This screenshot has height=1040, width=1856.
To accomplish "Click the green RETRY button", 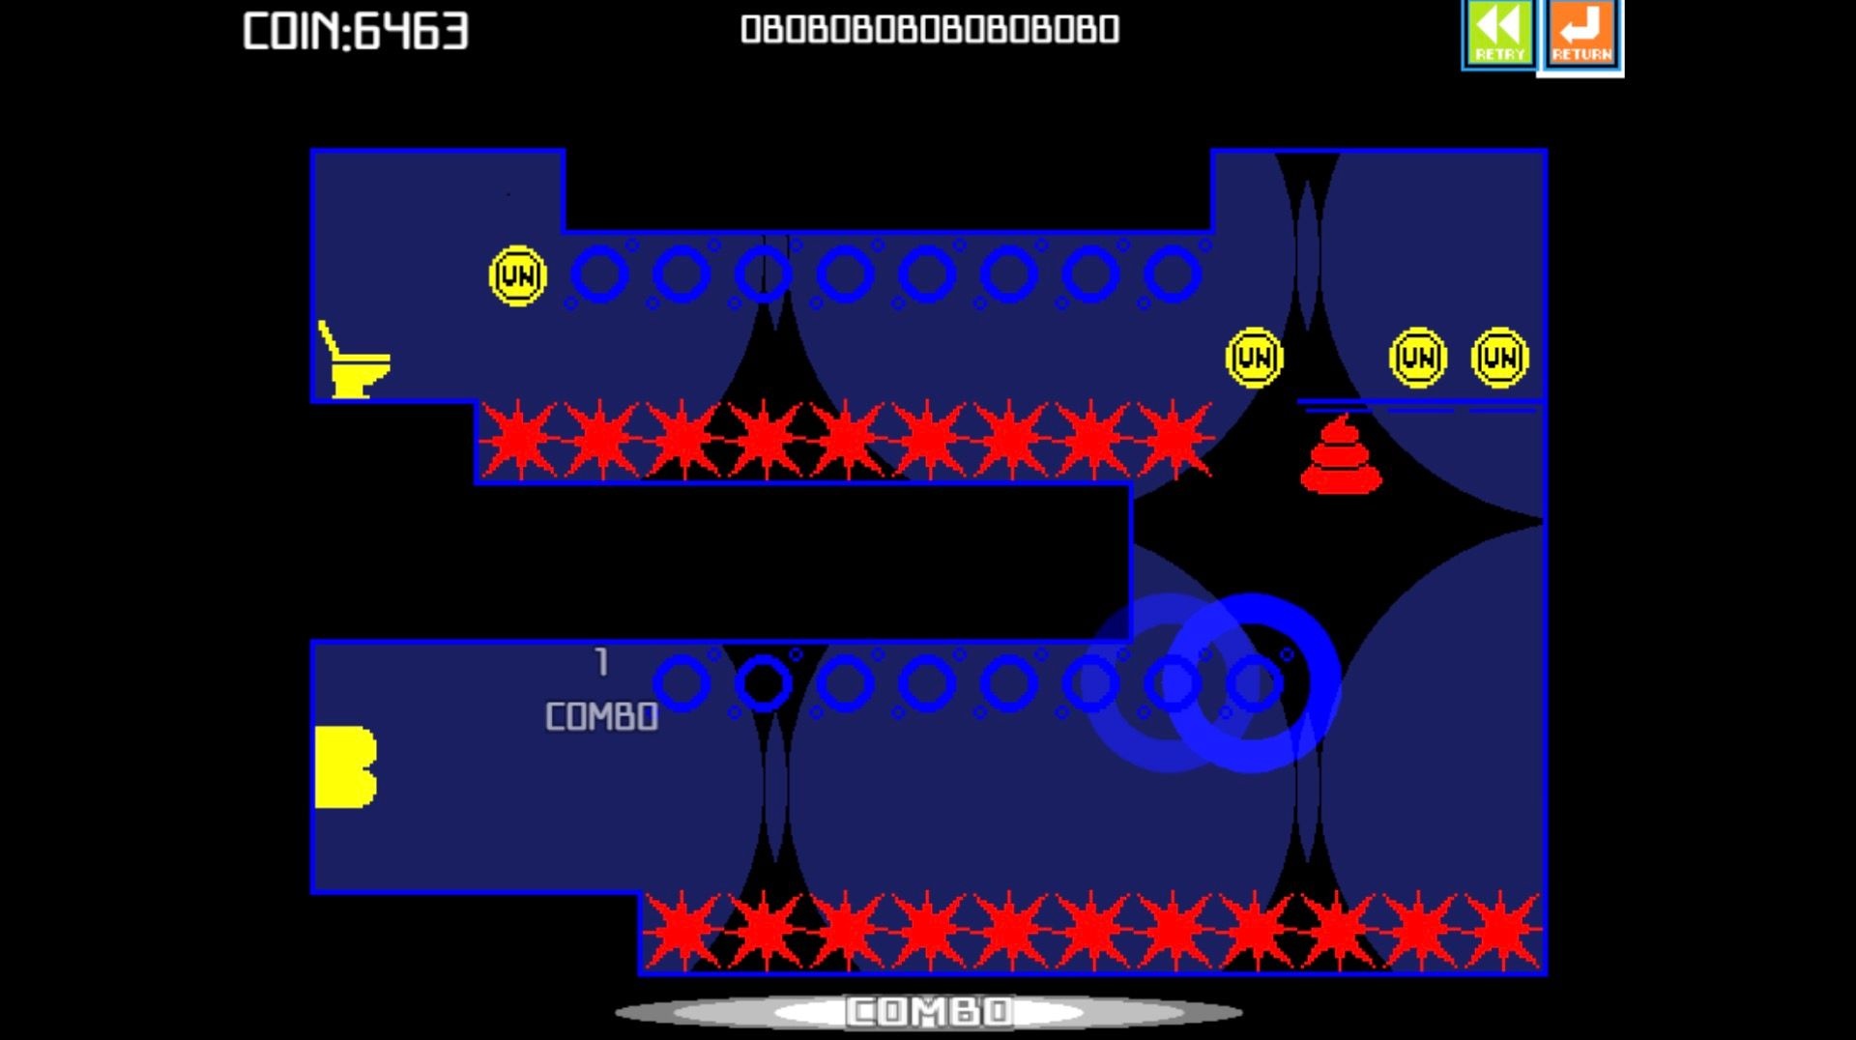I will click(x=1498, y=34).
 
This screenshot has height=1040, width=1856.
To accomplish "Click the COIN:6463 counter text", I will click(x=355, y=31).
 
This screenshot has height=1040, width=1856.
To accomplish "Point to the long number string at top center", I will click(x=929, y=30).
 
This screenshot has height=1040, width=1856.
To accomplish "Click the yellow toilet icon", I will click(x=354, y=361).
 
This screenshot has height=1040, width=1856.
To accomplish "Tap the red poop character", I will click(x=1341, y=455).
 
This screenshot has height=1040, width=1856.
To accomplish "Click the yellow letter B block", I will click(x=345, y=766).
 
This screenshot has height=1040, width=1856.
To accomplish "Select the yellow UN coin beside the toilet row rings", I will click(x=518, y=276).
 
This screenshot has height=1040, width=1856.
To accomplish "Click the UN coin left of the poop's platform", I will click(x=1254, y=359).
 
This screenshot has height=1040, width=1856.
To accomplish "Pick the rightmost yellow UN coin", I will click(x=1499, y=359).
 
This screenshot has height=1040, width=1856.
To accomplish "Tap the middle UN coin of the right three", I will click(x=1417, y=359).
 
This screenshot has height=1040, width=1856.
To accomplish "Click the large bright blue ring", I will click(x=1253, y=682).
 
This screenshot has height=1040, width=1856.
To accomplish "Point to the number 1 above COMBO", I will click(x=602, y=662).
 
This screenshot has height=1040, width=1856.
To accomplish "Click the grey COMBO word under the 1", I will click(x=601, y=717).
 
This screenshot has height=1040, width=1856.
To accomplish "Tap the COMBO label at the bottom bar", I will click(x=929, y=1012).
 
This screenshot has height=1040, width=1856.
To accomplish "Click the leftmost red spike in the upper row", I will click(x=518, y=440).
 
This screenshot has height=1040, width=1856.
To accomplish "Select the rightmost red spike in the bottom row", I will click(x=1501, y=930).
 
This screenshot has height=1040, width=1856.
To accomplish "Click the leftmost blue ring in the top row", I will click(x=599, y=274).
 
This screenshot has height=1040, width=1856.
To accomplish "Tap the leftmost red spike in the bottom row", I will click(x=681, y=930).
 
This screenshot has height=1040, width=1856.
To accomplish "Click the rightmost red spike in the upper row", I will click(x=1174, y=440).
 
